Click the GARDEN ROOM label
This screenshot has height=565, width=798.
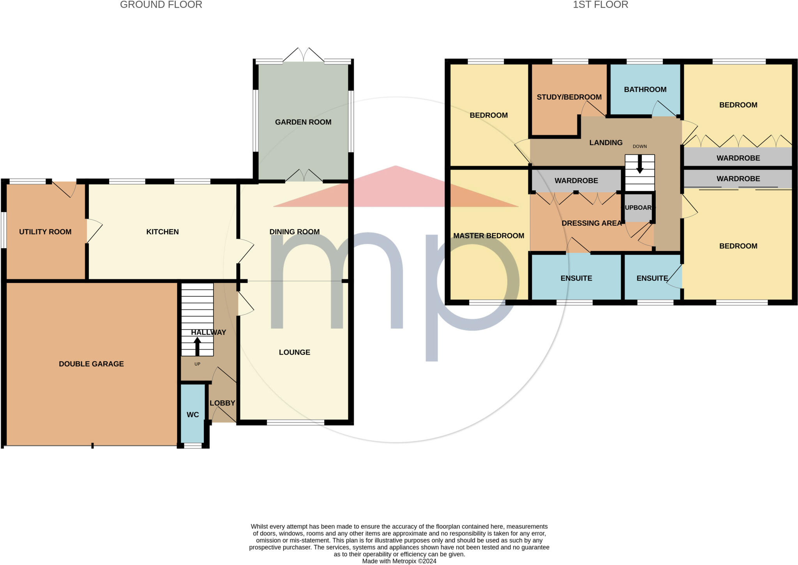[303, 122]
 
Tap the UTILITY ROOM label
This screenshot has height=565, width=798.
[45, 232]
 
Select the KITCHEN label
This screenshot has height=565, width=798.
[162, 232]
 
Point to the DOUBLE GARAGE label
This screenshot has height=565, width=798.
[91, 364]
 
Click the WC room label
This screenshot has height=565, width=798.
[193, 415]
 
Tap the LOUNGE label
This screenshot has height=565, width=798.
[295, 352]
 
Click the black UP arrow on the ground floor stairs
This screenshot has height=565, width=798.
[198, 346]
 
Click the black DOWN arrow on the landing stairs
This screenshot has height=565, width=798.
[640, 164]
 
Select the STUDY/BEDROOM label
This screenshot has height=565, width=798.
[569, 97]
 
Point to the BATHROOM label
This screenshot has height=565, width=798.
[645, 90]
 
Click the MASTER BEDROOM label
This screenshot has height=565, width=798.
[489, 236]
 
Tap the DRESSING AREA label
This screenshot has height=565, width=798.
[591, 223]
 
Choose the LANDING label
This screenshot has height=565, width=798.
[606, 143]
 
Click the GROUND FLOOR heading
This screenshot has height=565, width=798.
[161, 5]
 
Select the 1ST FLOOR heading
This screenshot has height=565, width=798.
[600, 5]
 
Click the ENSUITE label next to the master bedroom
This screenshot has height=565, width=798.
[576, 278]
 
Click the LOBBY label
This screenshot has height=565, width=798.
[222, 403]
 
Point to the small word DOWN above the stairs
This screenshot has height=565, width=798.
[640, 147]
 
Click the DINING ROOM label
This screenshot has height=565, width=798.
[295, 232]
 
